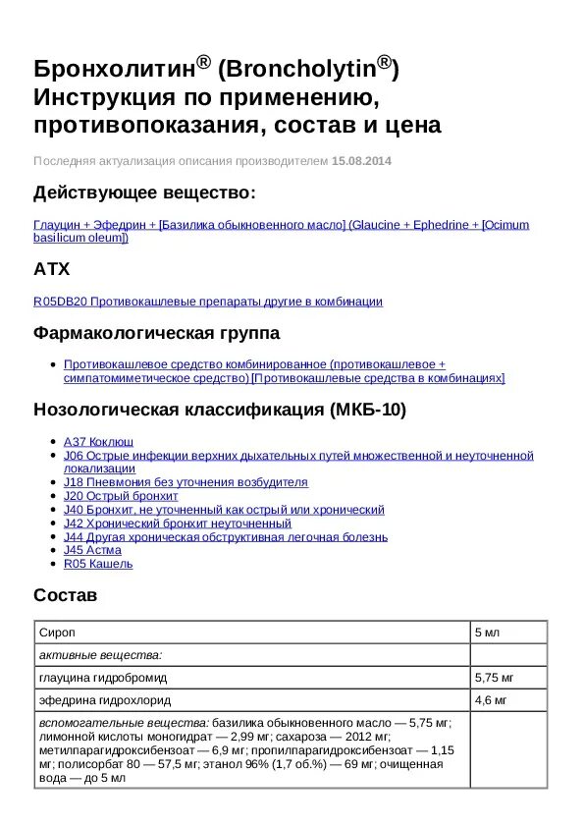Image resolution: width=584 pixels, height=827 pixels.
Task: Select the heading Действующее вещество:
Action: (144, 192)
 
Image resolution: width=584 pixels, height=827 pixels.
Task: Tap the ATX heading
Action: (52, 268)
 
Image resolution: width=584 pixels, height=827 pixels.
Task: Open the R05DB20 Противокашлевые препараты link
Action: (208, 302)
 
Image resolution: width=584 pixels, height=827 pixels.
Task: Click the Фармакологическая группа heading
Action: (156, 333)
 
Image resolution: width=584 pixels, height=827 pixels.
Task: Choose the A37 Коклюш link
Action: (98, 442)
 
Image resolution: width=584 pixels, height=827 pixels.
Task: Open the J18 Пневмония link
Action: (186, 482)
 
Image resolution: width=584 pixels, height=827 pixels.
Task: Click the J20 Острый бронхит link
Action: (121, 496)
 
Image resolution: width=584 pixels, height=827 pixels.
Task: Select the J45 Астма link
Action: (92, 550)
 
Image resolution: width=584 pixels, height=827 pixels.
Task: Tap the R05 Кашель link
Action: (98, 564)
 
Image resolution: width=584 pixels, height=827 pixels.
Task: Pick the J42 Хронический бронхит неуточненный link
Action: (172, 524)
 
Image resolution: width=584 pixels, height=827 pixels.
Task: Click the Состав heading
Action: (66, 595)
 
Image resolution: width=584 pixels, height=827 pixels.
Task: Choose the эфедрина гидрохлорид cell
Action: (105, 700)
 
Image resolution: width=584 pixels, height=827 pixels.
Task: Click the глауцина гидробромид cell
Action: (103, 678)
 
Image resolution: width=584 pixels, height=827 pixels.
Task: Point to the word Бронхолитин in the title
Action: (114, 69)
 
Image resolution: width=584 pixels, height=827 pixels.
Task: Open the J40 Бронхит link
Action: (224, 510)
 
